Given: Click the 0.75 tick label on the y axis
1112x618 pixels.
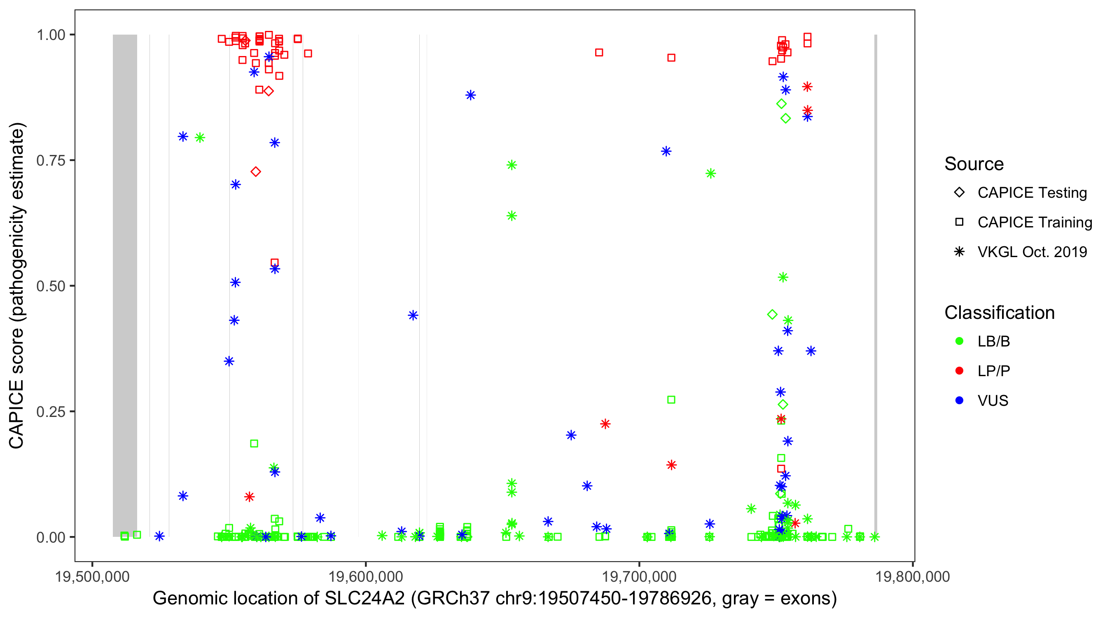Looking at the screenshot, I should (50, 161).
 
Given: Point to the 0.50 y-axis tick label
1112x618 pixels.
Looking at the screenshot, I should (50, 286).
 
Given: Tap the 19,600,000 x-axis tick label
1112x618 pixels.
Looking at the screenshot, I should (366, 576).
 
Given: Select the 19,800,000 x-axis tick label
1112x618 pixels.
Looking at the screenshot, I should (913, 576).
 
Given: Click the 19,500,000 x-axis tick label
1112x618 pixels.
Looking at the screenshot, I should (92, 576).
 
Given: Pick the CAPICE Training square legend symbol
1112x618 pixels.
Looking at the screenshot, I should (959, 222).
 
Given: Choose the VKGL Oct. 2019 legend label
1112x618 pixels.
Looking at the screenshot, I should (1032, 252).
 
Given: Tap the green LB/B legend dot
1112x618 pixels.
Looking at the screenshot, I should (959, 341).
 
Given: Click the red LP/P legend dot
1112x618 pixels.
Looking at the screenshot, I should (959, 371).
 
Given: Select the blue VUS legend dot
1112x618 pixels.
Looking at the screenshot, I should (959, 401).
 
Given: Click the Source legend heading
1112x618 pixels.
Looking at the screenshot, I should (974, 164).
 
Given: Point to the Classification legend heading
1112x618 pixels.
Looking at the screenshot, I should (999, 313).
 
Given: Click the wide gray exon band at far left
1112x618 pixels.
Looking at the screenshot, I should (125, 285).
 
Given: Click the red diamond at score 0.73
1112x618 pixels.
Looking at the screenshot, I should (255, 172).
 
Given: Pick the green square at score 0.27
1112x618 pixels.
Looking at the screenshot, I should (671, 400).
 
